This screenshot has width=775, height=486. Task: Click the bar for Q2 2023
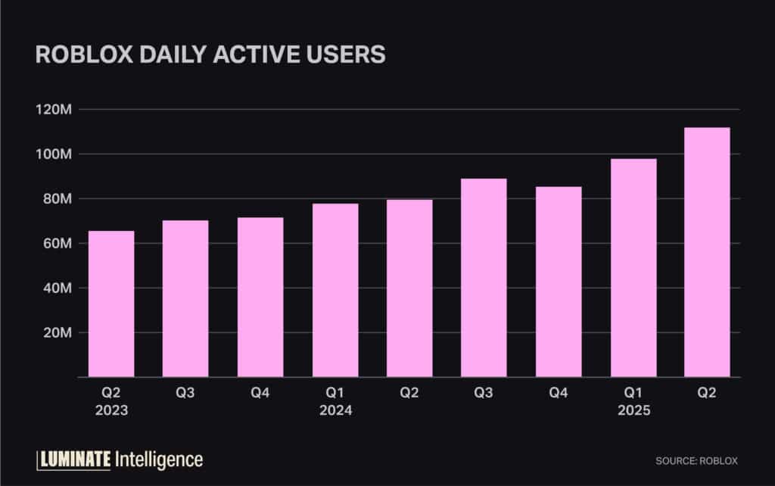[x=111, y=304]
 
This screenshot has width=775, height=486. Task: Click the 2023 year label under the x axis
[x=111, y=411]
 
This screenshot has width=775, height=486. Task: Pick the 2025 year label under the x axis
[x=633, y=411]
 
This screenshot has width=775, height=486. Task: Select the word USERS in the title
[x=344, y=55]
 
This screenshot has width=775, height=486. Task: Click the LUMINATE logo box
[x=74, y=459]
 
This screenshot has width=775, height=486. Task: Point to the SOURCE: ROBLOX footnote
[x=696, y=460]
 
